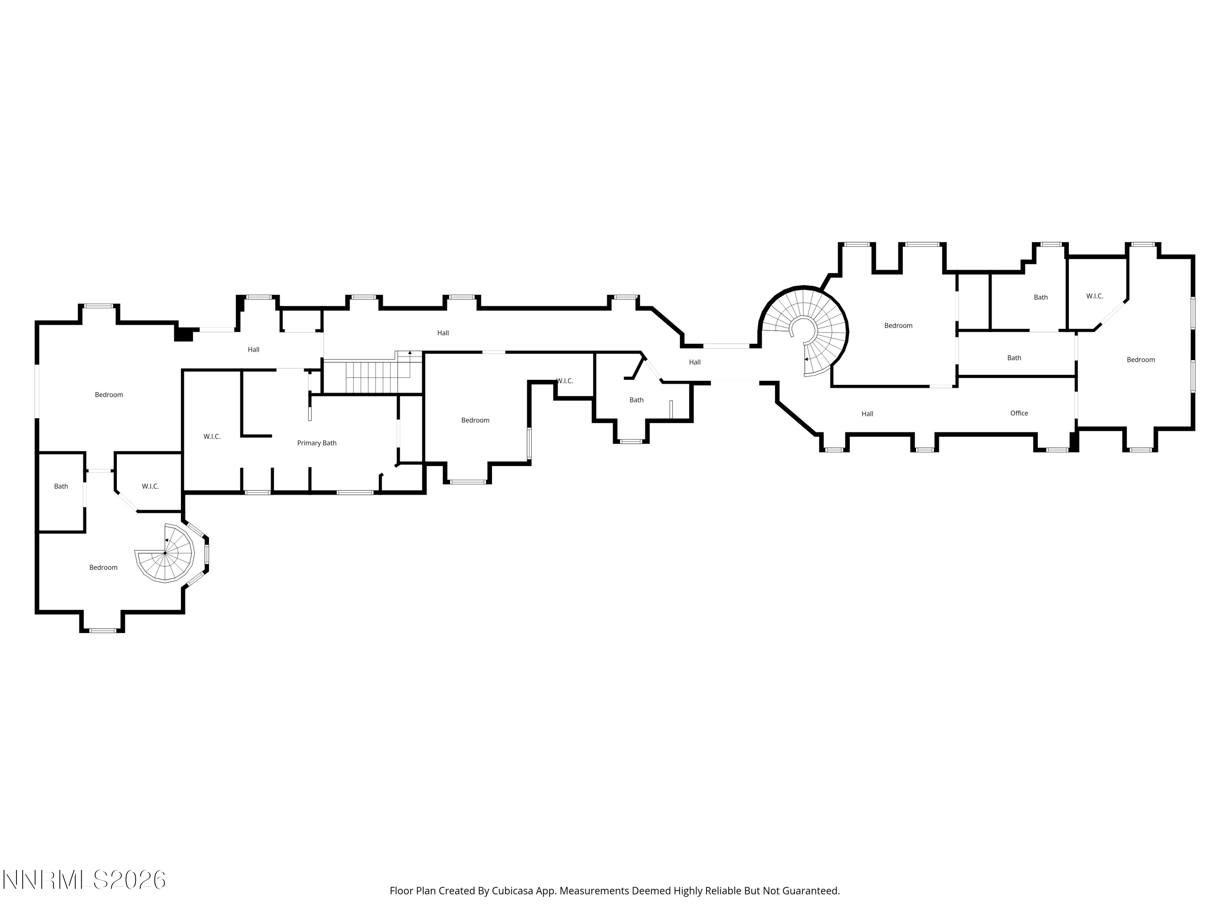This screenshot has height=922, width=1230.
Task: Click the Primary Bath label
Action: tap(317, 443)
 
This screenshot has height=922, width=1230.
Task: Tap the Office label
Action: tap(1019, 413)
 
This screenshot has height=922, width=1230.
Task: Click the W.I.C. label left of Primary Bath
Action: tap(212, 436)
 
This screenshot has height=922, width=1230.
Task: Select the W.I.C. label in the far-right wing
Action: tap(1095, 296)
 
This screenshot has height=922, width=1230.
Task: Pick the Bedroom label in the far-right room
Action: tap(1141, 359)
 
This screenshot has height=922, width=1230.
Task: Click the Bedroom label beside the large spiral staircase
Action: tap(899, 326)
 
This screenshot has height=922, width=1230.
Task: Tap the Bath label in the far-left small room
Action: tap(61, 486)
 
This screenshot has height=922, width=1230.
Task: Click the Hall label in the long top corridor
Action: tap(443, 333)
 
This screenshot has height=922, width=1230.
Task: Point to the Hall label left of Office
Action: tap(868, 413)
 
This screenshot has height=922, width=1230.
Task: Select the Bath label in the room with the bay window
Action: tap(637, 400)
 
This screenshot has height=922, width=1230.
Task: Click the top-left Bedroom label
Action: tap(109, 395)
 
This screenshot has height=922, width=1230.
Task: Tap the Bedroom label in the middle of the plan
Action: tap(476, 420)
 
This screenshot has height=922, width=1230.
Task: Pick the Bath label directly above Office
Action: tap(1014, 358)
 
